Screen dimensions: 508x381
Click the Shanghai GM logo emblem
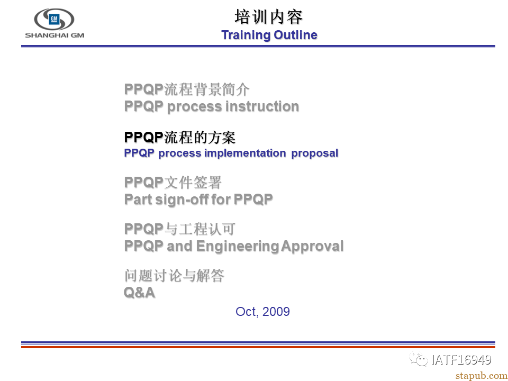54,20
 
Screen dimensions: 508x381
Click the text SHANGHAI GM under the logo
55,35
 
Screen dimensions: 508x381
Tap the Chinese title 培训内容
269,17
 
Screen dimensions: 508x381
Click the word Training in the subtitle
246,35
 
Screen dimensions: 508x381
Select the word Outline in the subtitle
295,35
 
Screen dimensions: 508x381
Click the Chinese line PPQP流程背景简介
187,89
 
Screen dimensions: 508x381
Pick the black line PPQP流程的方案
180,138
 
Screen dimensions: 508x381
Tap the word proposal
315,153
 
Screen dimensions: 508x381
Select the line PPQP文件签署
173,183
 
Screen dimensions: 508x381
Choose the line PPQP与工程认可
180,229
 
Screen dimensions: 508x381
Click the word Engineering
238,246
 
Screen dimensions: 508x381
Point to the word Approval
312,246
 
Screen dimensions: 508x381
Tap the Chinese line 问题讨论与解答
174,276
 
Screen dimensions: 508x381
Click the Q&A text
139,293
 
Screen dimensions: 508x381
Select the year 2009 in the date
276,312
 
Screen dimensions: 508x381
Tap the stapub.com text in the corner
482,376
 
